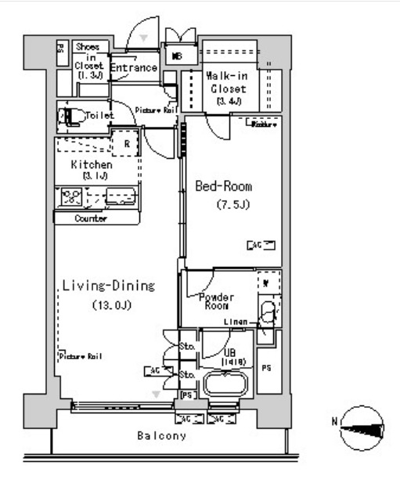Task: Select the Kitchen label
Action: [x=92, y=165]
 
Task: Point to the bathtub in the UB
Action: [x=225, y=384]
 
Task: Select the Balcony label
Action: [x=163, y=436]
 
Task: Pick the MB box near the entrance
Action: [x=177, y=56]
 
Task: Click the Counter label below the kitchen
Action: [x=90, y=218]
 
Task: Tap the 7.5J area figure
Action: [x=232, y=206]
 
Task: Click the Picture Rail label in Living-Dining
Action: [x=81, y=356]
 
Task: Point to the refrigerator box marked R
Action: [x=125, y=145]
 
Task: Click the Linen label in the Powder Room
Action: [x=236, y=322]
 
